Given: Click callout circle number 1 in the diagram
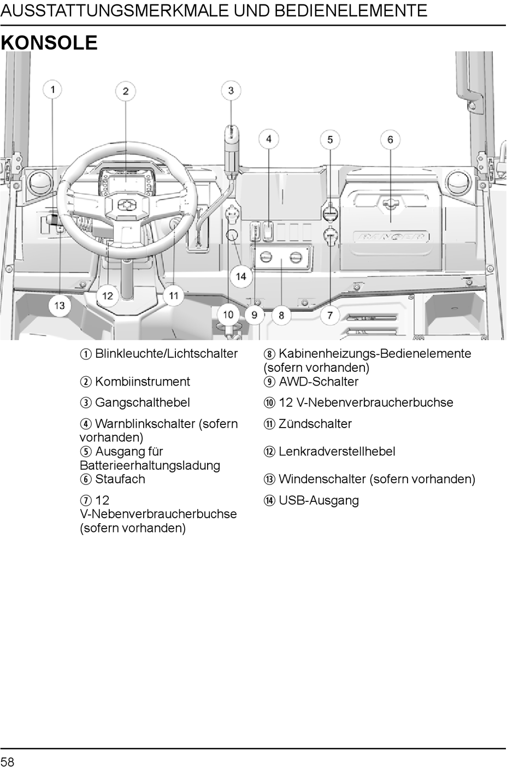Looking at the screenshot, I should [x=52, y=89].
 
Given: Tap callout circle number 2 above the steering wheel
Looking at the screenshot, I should [x=126, y=91].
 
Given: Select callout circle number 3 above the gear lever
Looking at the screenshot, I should [x=231, y=91].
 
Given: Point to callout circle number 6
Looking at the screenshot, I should [x=390, y=140].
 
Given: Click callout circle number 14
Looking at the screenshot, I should [x=241, y=276].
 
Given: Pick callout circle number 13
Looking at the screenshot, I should [x=59, y=305].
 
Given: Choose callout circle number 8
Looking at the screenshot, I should [x=281, y=315].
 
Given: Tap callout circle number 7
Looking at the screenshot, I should [x=330, y=315].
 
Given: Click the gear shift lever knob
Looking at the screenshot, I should [x=231, y=137].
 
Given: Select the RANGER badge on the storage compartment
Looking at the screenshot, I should [x=391, y=237].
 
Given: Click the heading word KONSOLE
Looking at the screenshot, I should [x=49, y=43].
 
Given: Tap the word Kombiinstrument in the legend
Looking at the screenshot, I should [x=142, y=382].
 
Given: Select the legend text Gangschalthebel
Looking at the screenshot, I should [x=142, y=402].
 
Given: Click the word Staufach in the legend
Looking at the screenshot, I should [x=120, y=479].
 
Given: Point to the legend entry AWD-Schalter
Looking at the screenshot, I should [x=318, y=382].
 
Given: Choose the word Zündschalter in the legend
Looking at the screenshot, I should [x=315, y=424].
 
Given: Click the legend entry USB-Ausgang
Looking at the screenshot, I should [x=319, y=500].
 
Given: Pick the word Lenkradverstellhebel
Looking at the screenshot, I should [x=337, y=452].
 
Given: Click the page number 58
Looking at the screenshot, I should [x=8, y=762].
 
